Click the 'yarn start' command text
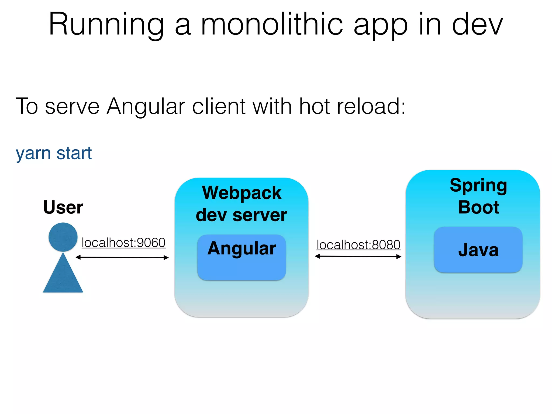coord(54,153)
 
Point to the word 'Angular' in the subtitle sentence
coord(146,107)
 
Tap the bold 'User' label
coord(63,207)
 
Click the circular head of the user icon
coord(63,237)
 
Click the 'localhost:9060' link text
coord(123,243)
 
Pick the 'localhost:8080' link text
coord(358,245)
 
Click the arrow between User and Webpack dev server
coord(122,257)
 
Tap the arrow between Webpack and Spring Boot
coord(358,256)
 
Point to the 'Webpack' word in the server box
coord(242,193)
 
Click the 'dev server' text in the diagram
coord(241,215)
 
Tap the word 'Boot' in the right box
coord(479,207)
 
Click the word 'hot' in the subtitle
coord(315,106)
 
